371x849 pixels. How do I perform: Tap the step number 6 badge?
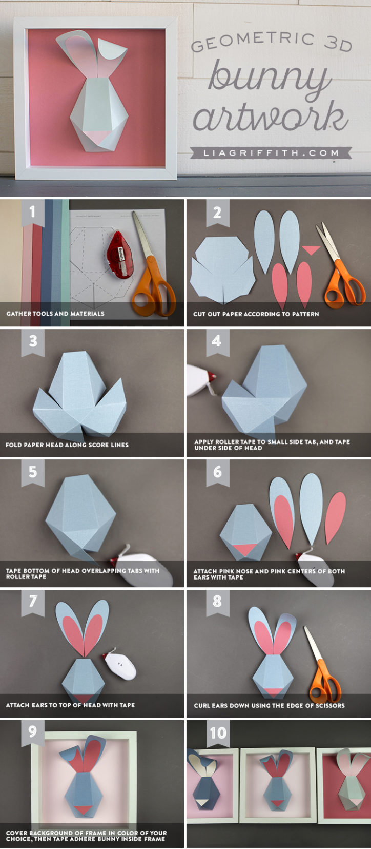point(217,472)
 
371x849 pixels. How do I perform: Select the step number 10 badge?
point(218,732)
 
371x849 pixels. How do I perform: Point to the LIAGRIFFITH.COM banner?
point(271,152)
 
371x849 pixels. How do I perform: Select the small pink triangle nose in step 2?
point(311,249)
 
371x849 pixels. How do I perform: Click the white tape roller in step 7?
point(120,665)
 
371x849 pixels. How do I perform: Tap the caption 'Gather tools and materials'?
point(55,313)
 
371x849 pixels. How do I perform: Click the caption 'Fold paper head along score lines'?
point(67,445)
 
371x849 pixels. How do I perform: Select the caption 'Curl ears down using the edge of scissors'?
point(269,705)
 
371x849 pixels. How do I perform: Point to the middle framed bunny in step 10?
point(277,783)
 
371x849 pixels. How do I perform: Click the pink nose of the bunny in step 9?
point(85,809)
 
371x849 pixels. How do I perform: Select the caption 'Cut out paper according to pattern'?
point(256,314)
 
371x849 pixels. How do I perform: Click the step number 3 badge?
point(33,341)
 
